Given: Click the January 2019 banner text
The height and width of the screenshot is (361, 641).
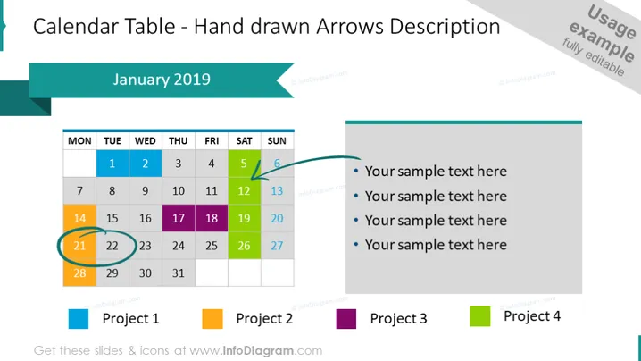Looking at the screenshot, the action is [x=162, y=80].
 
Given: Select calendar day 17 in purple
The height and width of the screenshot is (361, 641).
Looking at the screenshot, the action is [x=179, y=218].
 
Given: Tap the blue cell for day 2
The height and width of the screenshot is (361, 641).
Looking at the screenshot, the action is [x=146, y=164].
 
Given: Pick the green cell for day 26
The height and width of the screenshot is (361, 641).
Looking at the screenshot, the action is [x=244, y=246].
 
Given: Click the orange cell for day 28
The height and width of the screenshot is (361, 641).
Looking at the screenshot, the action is [x=79, y=273].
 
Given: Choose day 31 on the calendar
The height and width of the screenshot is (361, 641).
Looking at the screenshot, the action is [x=179, y=273].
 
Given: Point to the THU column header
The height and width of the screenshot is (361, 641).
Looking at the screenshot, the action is [x=179, y=141].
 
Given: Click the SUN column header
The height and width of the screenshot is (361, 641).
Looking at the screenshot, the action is [x=277, y=141].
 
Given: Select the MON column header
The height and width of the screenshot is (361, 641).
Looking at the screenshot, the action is [x=79, y=141].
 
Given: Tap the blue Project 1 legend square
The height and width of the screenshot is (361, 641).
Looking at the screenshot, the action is [x=79, y=319].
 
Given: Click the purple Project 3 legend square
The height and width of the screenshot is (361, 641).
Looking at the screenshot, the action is [x=346, y=319].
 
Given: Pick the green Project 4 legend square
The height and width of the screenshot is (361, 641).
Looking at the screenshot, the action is [x=480, y=316].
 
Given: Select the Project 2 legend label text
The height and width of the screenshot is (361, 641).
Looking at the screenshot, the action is [x=264, y=318].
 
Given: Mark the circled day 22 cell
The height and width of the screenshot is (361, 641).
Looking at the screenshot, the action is [x=112, y=246].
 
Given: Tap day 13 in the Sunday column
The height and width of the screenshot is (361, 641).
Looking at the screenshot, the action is [x=277, y=190].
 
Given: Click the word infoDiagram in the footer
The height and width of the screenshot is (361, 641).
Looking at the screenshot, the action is [x=258, y=351].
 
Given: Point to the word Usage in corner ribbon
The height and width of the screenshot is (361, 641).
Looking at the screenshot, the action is [x=611, y=22].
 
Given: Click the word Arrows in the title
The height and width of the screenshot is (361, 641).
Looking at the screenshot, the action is [x=350, y=27].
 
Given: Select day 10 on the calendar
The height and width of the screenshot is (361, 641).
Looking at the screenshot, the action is [x=179, y=190].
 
